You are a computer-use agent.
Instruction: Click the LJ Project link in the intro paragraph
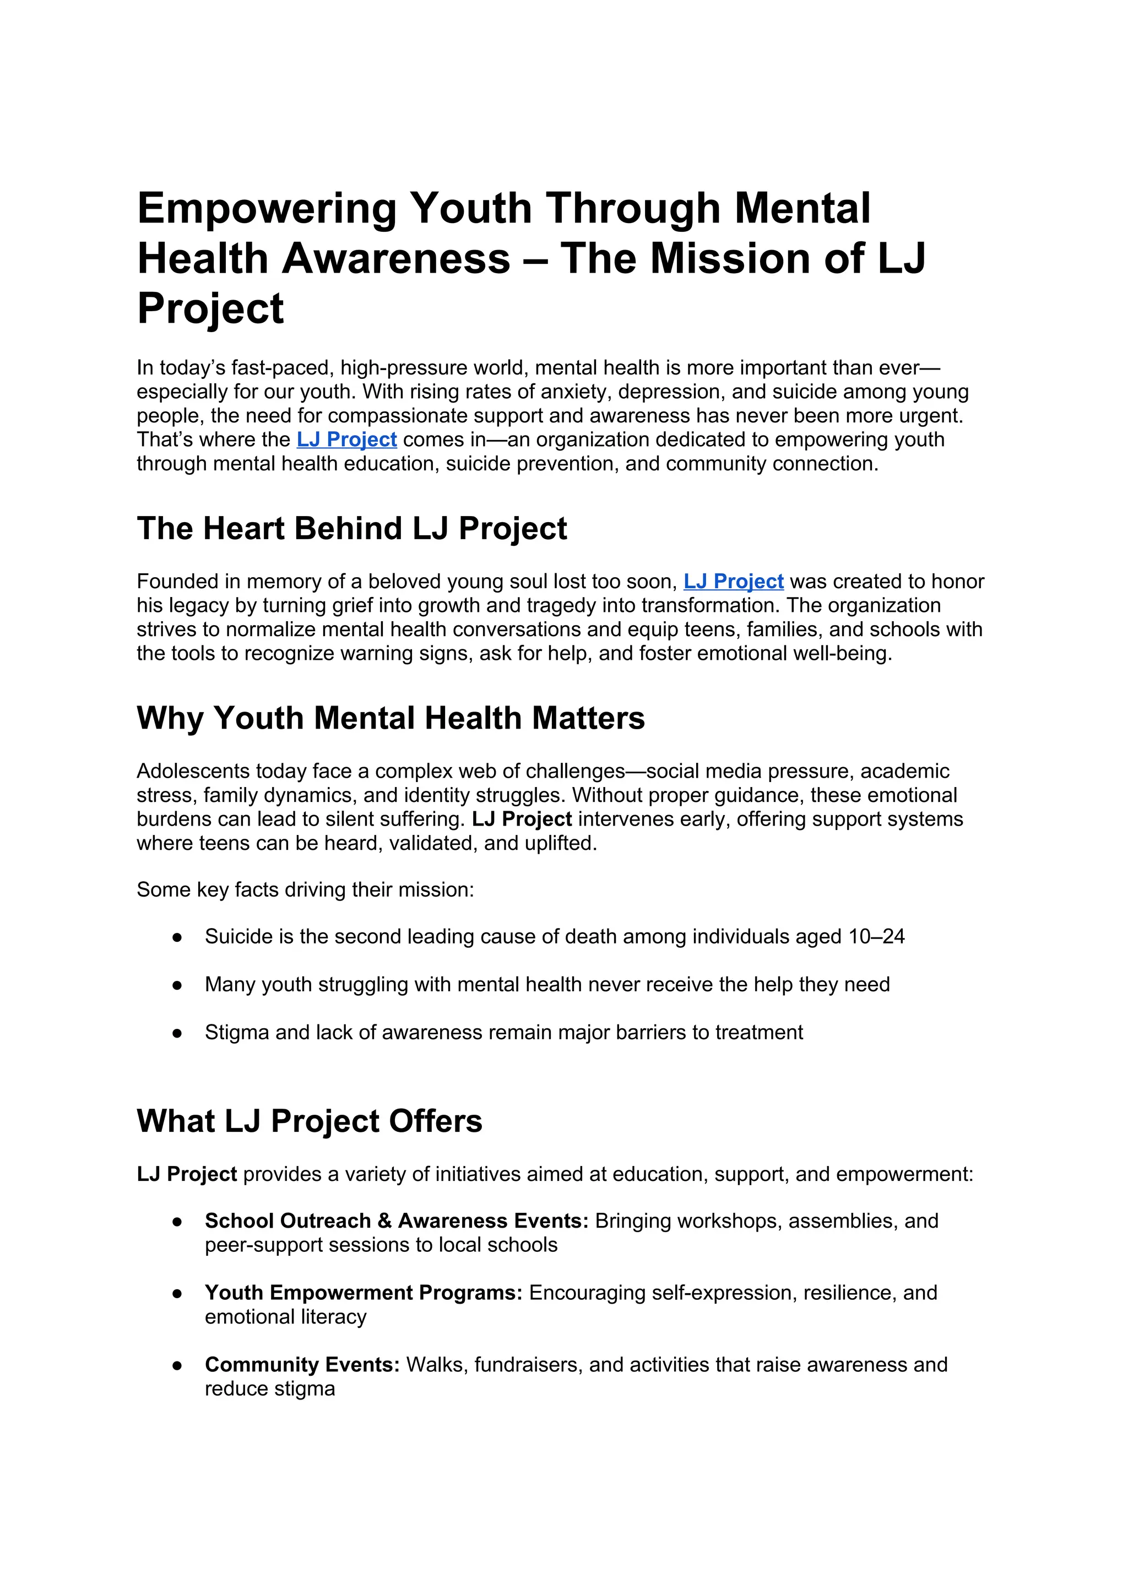point(346,440)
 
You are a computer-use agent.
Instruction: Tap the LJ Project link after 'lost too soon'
point(734,582)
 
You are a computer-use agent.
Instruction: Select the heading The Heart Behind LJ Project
point(351,529)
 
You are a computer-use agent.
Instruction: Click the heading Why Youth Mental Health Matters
point(391,718)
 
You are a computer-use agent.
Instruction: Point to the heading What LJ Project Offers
point(309,1121)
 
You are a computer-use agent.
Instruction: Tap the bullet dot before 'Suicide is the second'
point(177,938)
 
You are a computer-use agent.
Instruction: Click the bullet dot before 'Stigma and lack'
point(177,1034)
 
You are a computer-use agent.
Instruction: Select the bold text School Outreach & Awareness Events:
point(397,1221)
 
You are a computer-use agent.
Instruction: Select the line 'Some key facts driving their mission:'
point(305,890)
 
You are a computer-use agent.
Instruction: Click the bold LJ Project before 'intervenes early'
point(522,820)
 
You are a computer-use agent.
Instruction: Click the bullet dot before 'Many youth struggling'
point(177,986)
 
